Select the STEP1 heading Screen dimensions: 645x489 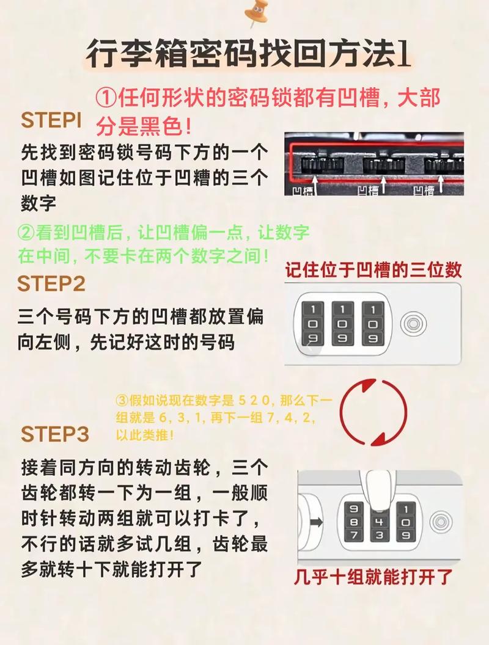coord(51,120)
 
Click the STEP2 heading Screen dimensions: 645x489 coord(51,284)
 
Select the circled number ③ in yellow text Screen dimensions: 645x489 coord(123,401)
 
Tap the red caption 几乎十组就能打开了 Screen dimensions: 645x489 coord(373,576)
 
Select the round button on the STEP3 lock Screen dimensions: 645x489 coord(439,521)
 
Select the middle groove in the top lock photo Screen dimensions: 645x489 coord(383,166)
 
